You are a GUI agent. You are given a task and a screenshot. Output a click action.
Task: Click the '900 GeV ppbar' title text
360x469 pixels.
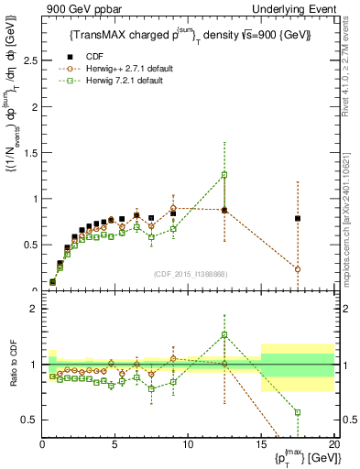75,8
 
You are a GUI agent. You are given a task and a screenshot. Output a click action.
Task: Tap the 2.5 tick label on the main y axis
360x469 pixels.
29,61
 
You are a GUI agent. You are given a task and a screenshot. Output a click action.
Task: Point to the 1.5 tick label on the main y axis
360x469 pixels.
29,153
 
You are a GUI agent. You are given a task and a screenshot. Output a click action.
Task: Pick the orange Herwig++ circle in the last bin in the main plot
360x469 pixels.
298,268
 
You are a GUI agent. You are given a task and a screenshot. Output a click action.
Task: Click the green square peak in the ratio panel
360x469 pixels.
224,334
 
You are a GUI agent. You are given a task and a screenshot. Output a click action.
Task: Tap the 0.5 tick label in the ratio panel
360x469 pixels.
29,420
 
